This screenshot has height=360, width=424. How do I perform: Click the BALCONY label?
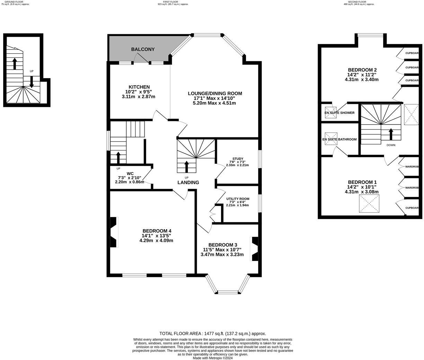pyautogui.click(x=143, y=49)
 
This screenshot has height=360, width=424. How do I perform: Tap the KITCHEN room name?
pyautogui.click(x=139, y=87)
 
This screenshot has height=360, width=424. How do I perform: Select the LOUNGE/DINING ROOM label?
pyautogui.click(x=215, y=93)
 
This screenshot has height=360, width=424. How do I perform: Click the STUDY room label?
pyautogui.click(x=238, y=159)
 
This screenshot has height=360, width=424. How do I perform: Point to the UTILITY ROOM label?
pyautogui.click(x=238, y=199)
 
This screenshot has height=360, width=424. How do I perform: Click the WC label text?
pyautogui.click(x=130, y=174)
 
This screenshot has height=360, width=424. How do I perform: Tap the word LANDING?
pyautogui.click(x=188, y=182)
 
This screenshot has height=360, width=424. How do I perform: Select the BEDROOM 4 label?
pyautogui.click(x=157, y=231)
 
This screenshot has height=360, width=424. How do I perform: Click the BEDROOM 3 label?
pyautogui.click(x=222, y=245)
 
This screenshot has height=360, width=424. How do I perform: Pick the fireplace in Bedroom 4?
pyautogui.click(x=114, y=232)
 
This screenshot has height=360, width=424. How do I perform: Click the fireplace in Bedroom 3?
pyautogui.click(x=255, y=249)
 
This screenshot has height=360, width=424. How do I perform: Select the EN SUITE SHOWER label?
pyautogui.click(x=339, y=113)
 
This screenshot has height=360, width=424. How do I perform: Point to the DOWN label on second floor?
pyautogui.click(x=391, y=145)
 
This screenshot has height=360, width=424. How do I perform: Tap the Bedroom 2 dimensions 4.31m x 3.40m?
pyautogui.click(x=362, y=79)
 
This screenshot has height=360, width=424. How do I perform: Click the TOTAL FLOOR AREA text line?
pyautogui.click(x=212, y=334)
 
